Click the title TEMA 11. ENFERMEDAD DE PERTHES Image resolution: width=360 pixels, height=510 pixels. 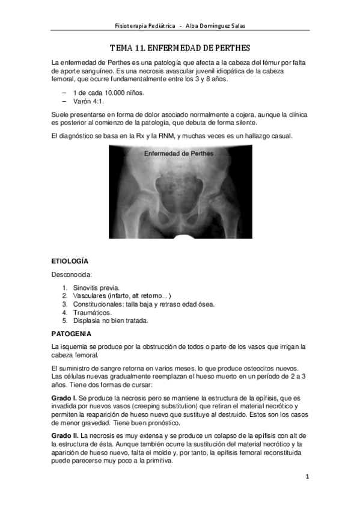pyautogui.click(x=180, y=48)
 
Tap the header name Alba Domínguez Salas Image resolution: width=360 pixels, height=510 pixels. pyautogui.click(x=215, y=26)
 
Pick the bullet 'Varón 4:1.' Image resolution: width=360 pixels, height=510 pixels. pyautogui.click(x=90, y=102)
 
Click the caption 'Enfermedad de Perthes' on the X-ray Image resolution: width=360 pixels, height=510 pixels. pyautogui.click(x=179, y=153)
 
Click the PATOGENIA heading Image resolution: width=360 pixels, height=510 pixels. pyautogui.click(x=72, y=333)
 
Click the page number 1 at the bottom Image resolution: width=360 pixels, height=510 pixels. pyautogui.click(x=307, y=478)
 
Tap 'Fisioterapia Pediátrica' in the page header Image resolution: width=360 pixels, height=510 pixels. pyautogui.click(x=145, y=26)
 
